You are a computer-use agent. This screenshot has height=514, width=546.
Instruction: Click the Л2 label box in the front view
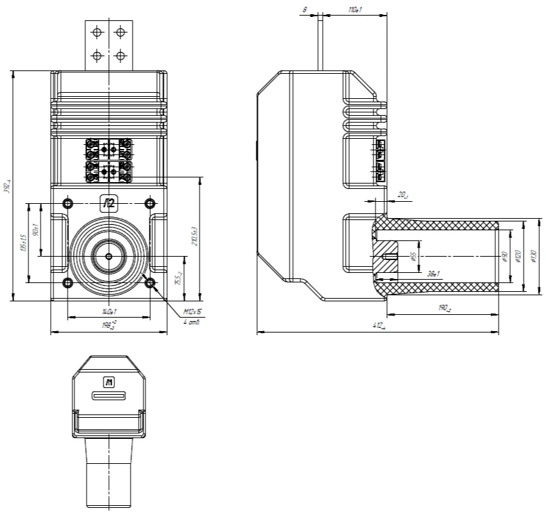point(108,202)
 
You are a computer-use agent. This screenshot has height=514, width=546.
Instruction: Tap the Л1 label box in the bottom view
point(108,383)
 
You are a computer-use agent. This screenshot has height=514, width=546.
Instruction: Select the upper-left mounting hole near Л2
point(67,203)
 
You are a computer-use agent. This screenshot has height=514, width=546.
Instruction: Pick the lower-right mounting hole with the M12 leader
point(150,282)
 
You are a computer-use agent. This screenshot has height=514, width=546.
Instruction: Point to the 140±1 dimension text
point(109,312)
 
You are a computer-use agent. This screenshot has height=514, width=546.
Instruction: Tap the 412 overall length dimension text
point(379,327)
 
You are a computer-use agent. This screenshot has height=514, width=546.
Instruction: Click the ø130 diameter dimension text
point(534,257)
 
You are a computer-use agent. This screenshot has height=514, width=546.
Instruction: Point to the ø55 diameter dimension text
point(413,257)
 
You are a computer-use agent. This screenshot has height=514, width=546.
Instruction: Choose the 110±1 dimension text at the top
point(355,10)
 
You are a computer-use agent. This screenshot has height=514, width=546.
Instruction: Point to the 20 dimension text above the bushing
point(402,196)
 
